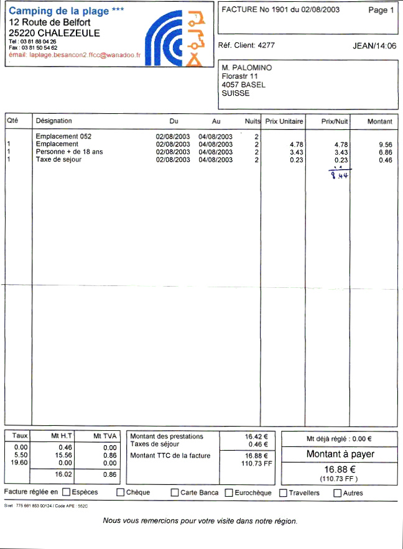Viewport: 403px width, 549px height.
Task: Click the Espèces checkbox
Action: click(66, 492)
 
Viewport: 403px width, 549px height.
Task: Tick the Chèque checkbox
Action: click(121, 493)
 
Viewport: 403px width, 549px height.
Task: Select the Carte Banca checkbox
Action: click(175, 493)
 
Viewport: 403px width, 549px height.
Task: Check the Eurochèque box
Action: click(229, 493)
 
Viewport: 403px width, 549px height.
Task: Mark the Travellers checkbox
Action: click(284, 493)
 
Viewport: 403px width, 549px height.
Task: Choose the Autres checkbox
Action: click(338, 493)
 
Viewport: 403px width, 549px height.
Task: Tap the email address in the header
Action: click(85, 55)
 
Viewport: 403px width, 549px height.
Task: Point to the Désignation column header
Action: click(54, 121)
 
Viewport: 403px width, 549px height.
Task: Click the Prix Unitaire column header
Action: click(284, 121)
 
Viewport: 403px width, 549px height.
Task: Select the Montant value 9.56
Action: click(386, 144)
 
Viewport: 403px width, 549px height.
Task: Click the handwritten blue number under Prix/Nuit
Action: click(338, 175)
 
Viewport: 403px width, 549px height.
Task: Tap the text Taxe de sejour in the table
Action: click(58, 160)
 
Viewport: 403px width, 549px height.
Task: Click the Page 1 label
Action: click(381, 11)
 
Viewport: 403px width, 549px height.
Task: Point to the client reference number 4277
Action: click(266, 45)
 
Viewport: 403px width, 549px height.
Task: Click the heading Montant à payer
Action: click(340, 454)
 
